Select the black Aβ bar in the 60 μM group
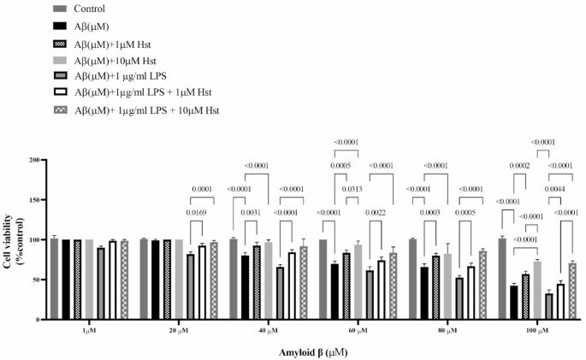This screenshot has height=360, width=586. click(334, 291)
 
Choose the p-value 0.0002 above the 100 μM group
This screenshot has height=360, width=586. click(521, 165)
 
